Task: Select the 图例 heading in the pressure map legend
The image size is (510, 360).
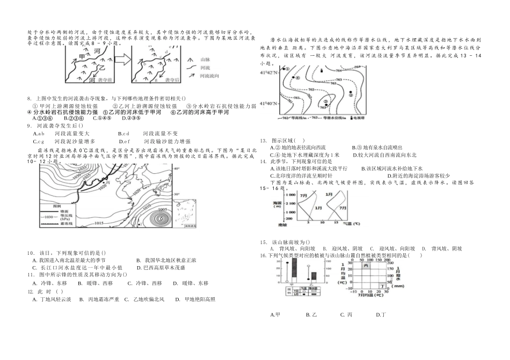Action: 53,205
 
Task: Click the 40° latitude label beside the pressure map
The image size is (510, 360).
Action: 175,168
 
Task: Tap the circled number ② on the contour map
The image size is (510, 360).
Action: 350,94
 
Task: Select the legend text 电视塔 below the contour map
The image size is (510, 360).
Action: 356,117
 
